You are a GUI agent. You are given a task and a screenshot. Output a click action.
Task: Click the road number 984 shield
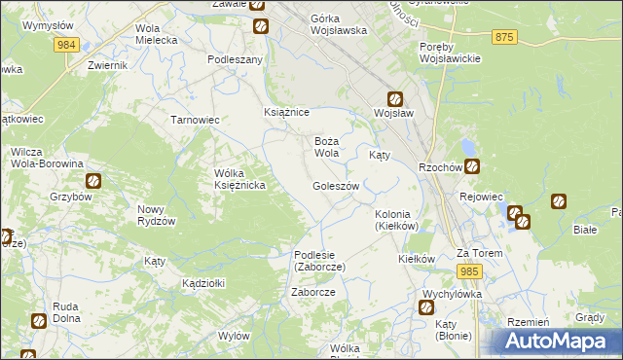click(x=66, y=46)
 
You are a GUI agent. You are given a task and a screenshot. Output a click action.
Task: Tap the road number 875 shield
click(x=503, y=36)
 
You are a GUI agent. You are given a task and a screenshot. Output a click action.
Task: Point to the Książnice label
click(x=287, y=112)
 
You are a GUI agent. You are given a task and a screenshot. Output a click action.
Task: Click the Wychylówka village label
click(x=453, y=293)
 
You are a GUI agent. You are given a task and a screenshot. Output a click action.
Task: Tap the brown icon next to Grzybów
click(x=93, y=180)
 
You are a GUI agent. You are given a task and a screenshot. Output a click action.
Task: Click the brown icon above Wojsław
click(x=395, y=98)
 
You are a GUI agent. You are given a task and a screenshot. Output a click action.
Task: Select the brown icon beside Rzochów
click(x=471, y=166)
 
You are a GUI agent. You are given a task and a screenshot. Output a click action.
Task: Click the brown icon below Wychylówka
click(x=426, y=308)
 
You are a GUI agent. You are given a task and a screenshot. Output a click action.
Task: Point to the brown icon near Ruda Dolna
click(x=38, y=320)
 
